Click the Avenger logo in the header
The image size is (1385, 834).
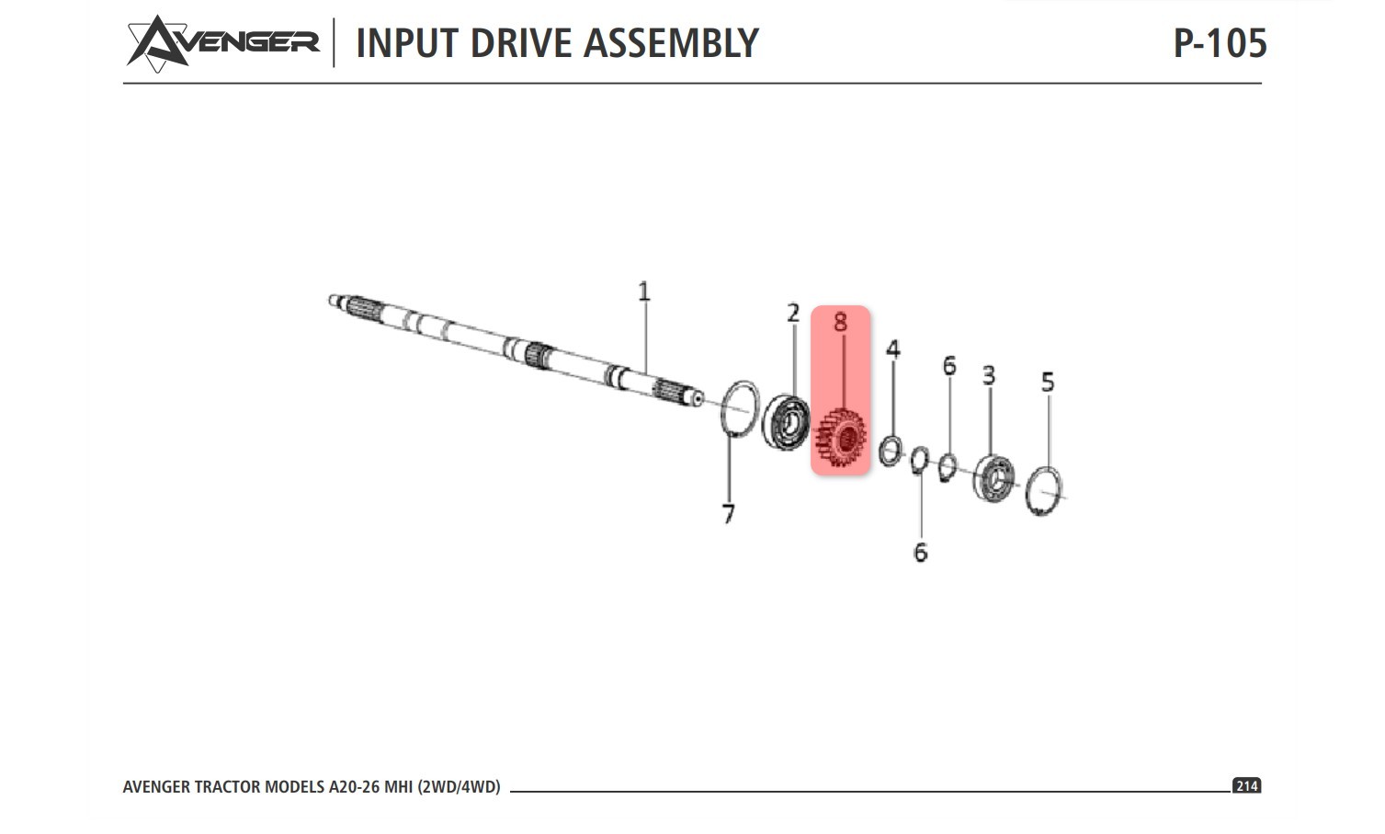pyautogui.click(x=222, y=42)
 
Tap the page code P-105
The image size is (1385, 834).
pyautogui.click(x=1220, y=43)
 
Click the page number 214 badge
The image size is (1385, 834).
pyautogui.click(x=1246, y=786)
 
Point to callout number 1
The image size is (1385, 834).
pyautogui.click(x=643, y=292)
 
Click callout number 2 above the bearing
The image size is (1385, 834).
pyautogui.click(x=793, y=314)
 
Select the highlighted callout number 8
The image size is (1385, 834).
pyautogui.click(x=840, y=322)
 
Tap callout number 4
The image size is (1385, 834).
pyautogui.click(x=892, y=349)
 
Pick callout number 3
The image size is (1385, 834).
pyautogui.click(x=989, y=375)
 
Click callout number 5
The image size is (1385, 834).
pyautogui.click(x=1048, y=382)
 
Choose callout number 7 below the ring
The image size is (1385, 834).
pyautogui.click(x=729, y=514)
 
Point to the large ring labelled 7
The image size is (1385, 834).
pyautogui.click(x=739, y=408)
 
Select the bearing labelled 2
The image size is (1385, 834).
pyautogui.click(x=786, y=422)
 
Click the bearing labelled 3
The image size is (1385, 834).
pyautogui.click(x=993, y=479)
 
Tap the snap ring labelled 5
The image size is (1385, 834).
pyautogui.click(x=1044, y=492)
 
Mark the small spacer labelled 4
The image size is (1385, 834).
pyautogui.click(x=890, y=451)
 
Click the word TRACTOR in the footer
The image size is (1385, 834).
pyautogui.click(x=227, y=787)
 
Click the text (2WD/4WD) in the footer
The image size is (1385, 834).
pyautogui.click(x=459, y=787)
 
